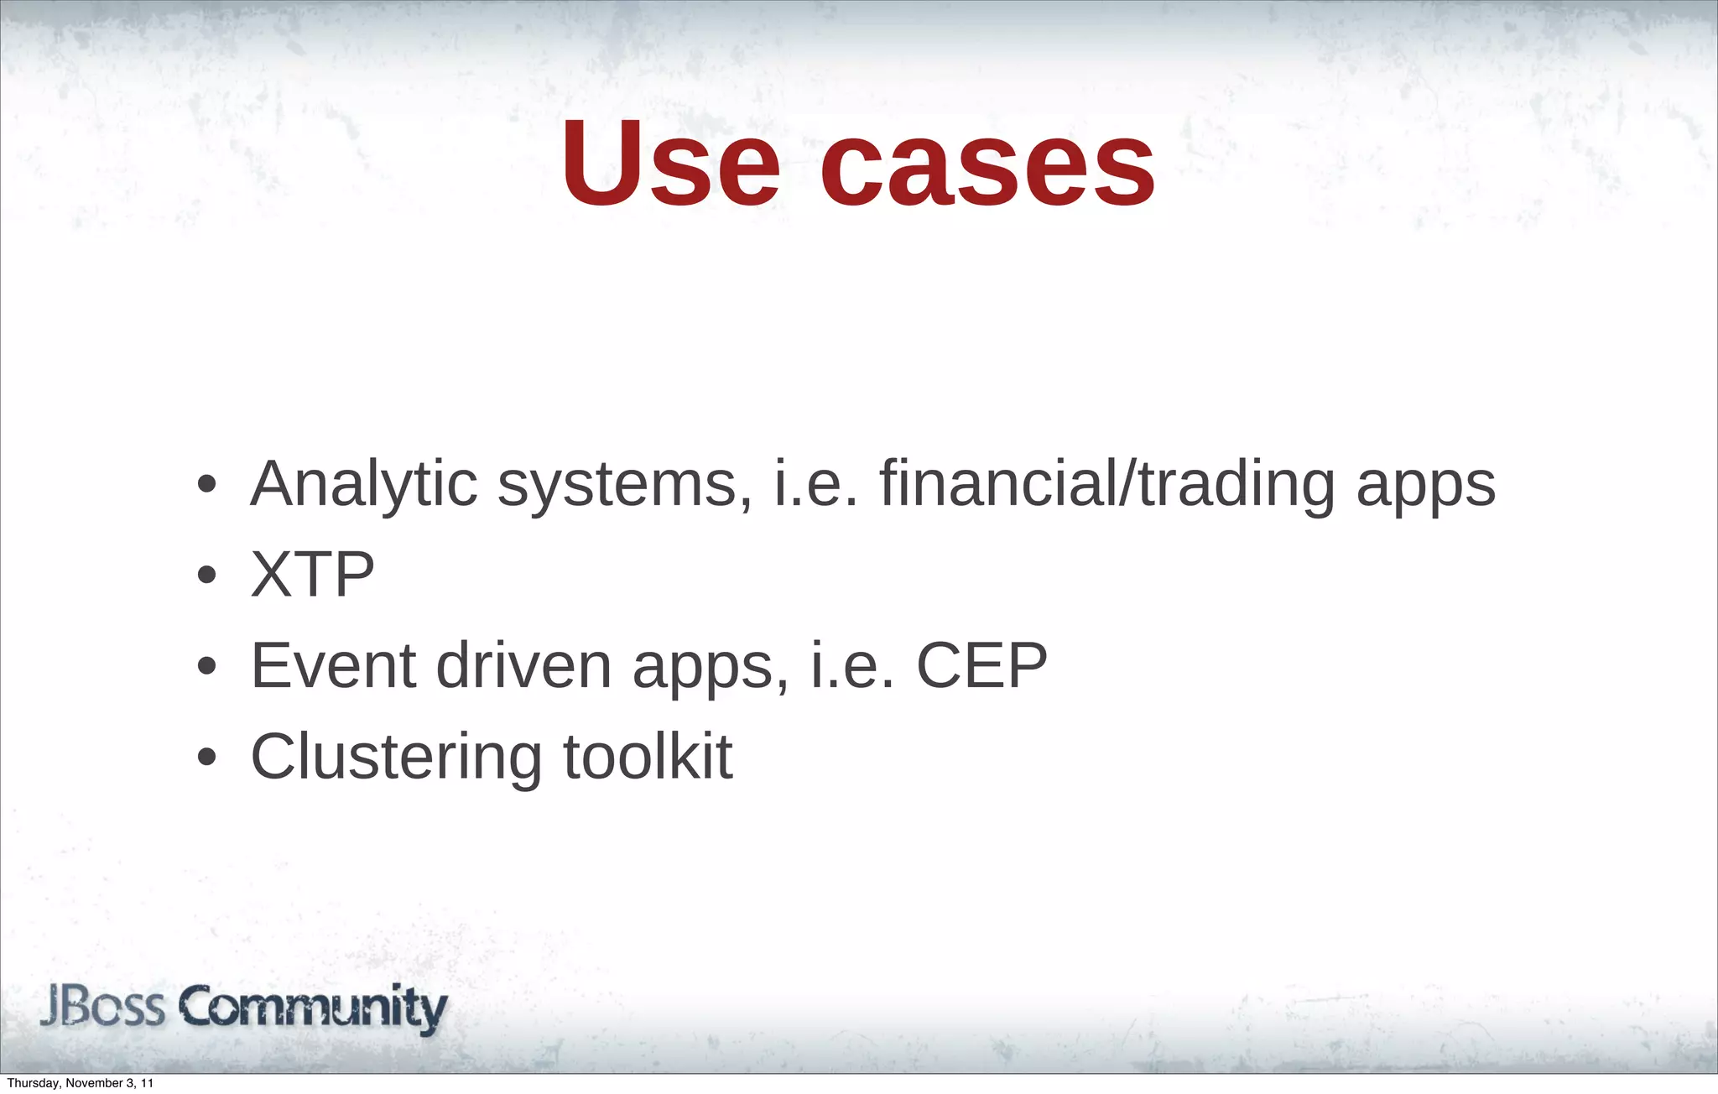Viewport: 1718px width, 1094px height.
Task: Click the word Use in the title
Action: [x=671, y=164]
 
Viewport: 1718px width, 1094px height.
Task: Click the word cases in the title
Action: [x=987, y=164]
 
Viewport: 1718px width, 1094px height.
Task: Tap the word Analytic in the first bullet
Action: [x=364, y=485]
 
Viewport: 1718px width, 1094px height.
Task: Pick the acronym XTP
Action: [x=313, y=576]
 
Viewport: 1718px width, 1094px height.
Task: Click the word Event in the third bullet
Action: [x=334, y=666]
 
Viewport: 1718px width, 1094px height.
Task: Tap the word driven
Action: [x=524, y=666]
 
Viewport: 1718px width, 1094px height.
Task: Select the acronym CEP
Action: [x=981, y=666]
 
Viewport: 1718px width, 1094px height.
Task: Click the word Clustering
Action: [x=396, y=758]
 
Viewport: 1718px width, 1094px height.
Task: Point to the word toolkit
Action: [x=648, y=757]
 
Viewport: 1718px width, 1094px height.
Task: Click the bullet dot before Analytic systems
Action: [x=206, y=486]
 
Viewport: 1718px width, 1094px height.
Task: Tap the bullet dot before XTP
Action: [x=206, y=576]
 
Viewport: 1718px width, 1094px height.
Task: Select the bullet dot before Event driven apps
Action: [x=206, y=668]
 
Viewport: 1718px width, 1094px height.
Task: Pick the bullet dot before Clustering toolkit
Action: [x=206, y=758]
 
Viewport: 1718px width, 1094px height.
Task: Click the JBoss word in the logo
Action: [x=102, y=1007]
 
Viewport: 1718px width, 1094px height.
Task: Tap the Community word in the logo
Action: [x=313, y=1008]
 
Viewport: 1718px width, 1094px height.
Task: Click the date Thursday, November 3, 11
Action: [x=81, y=1083]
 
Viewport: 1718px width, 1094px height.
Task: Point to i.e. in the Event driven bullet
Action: [x=852, y=666]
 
